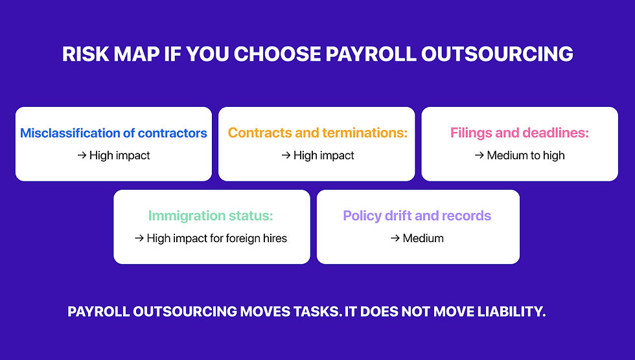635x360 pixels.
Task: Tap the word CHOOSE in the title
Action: click(x=270, y=54)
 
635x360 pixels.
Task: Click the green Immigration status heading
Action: click(x=211, y=216)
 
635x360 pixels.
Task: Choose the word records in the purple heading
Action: click(x=465, y=216)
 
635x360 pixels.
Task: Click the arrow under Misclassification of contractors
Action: click(x=82, y=155)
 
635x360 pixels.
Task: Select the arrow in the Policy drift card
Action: click(x=395, y=238)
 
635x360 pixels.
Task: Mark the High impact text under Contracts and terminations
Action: click(x=323, y=155)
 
